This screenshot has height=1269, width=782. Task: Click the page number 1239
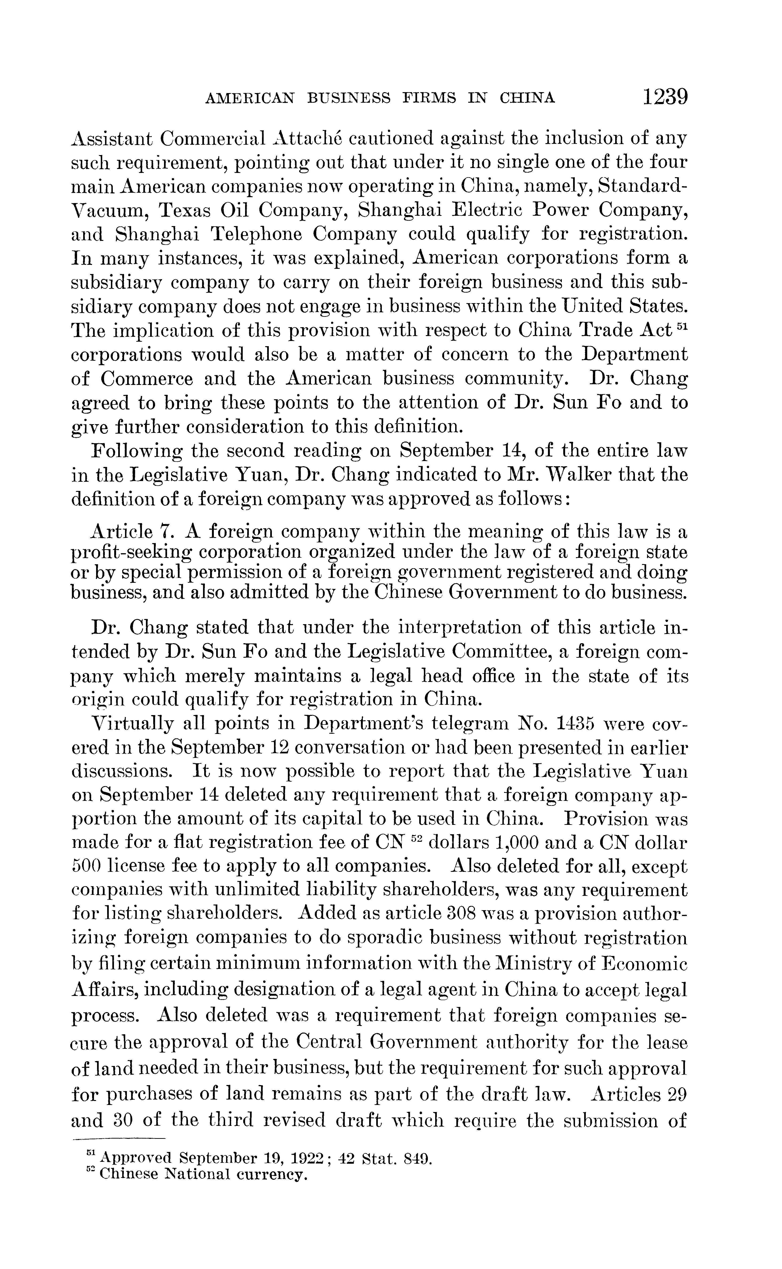coord(665,97)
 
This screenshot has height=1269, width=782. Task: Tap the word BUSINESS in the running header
coord(349,98)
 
